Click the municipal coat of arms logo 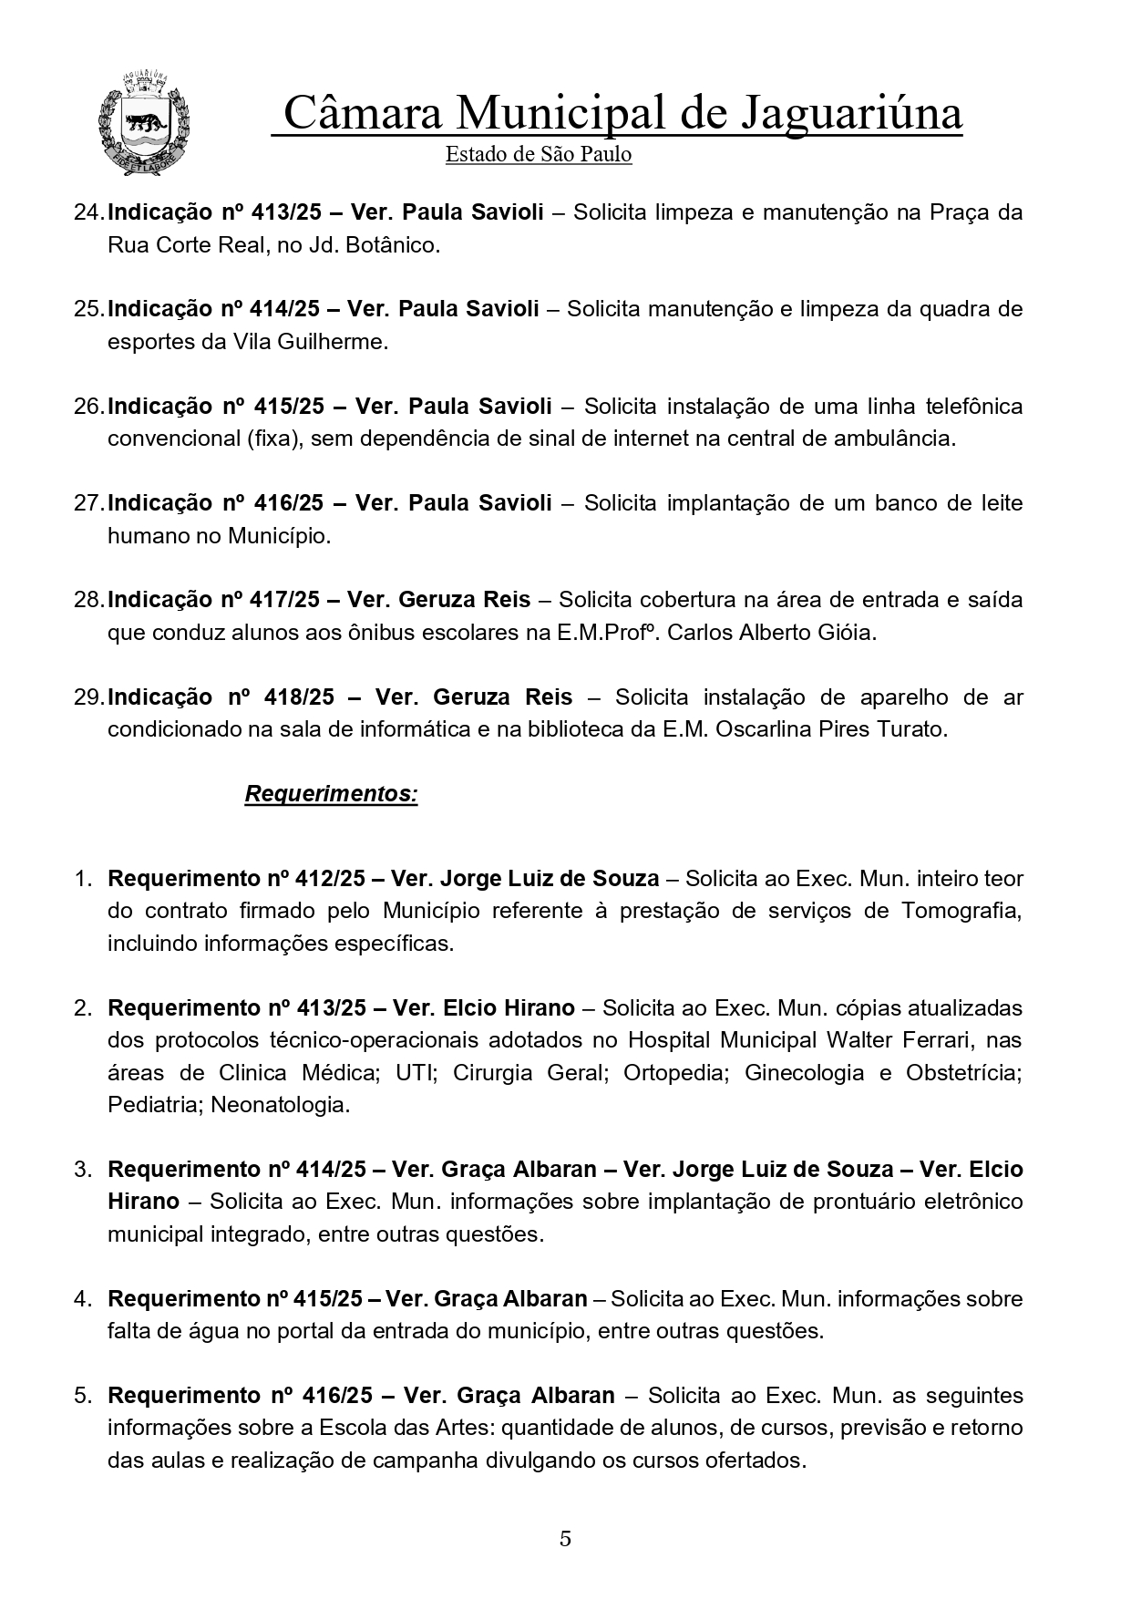(x=143, y=124)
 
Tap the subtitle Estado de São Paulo (x=538, y=154)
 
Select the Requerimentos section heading (x=331, y=794)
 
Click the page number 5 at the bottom (x=565, y=1538)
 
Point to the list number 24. (x=87, y=212)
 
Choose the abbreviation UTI (x=416, y=1073)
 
